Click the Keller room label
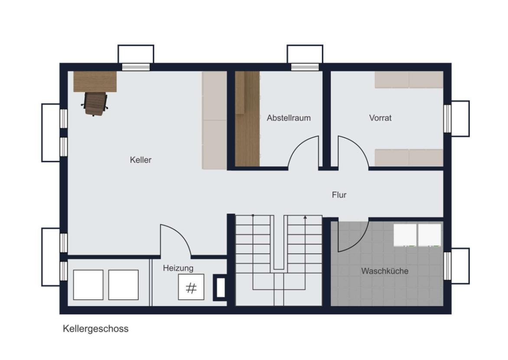[x=140, y=160]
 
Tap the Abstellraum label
[x=289, y=118]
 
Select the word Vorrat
[x=381, y=118]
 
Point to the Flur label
[x=339, y=195]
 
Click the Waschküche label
[x=385, y=271]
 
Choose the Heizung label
[x=178, y=268]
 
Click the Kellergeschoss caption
[x=95, y=329]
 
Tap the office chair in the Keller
[x=94, y=104]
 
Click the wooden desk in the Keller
[x=95, y=82]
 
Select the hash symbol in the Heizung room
[x=191, y=288]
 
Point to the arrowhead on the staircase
[x=305, y=217]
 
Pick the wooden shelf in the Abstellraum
[x=247, y=119]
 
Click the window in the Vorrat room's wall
[x=447, y=119]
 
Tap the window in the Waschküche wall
[x=447, y=266]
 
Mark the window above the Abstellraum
[x=305, y=67]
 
